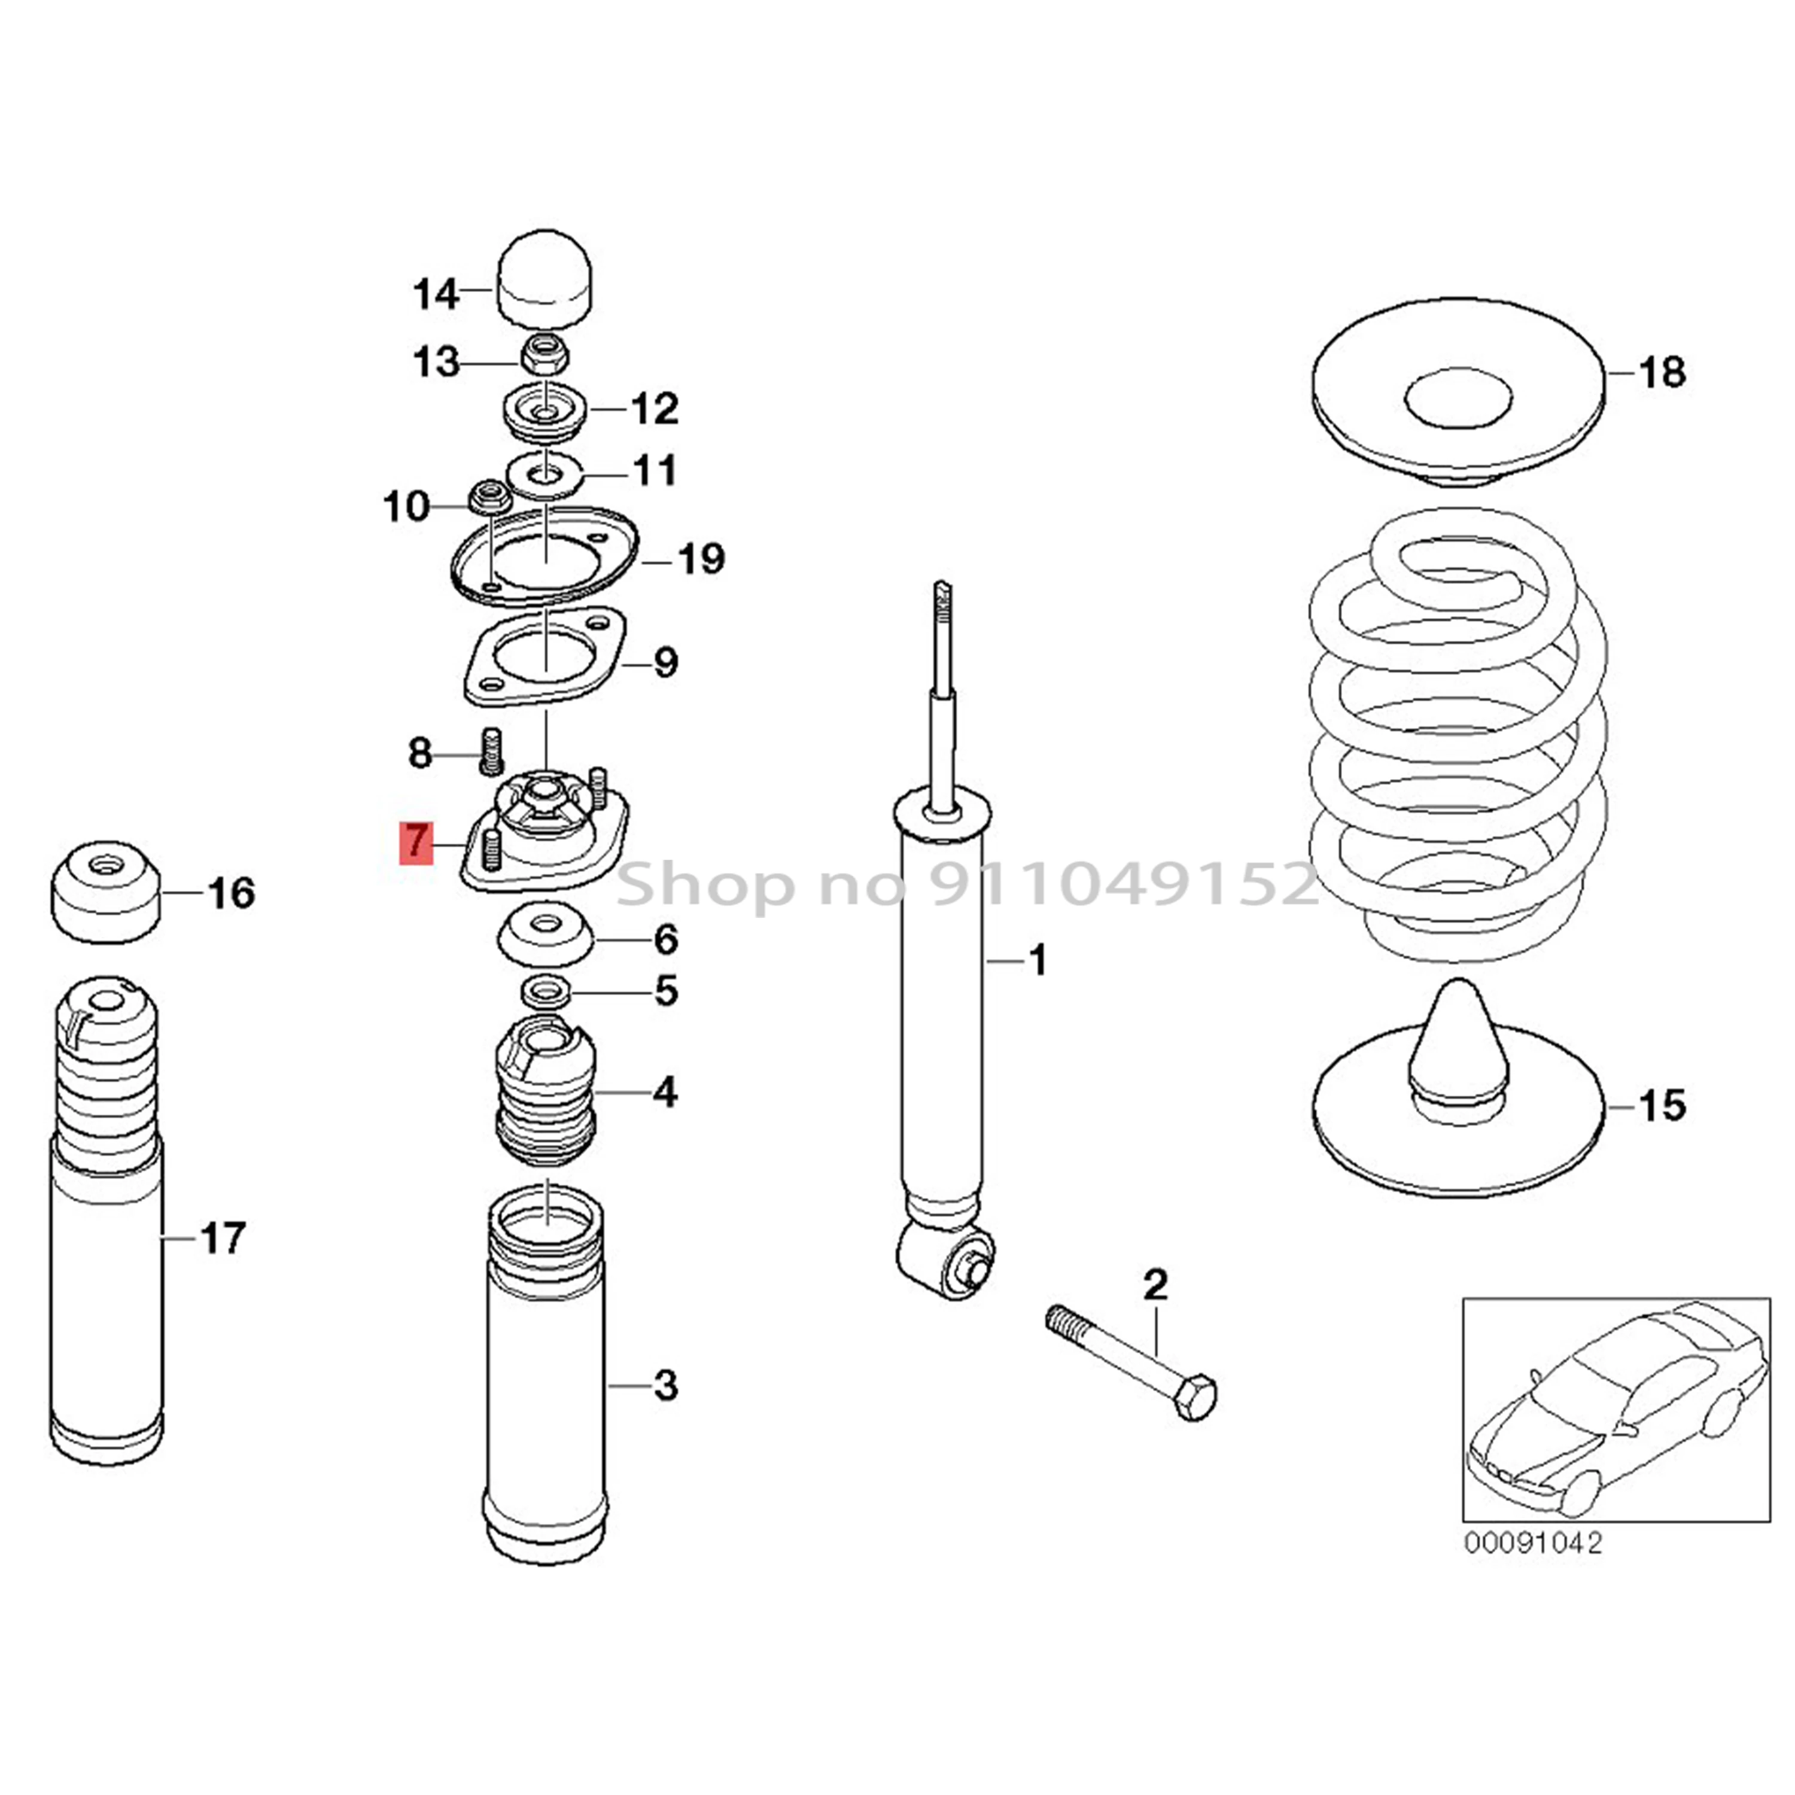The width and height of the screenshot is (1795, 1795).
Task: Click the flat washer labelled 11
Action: (544, 476)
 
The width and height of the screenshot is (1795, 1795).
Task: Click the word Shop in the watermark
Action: (705, 884)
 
